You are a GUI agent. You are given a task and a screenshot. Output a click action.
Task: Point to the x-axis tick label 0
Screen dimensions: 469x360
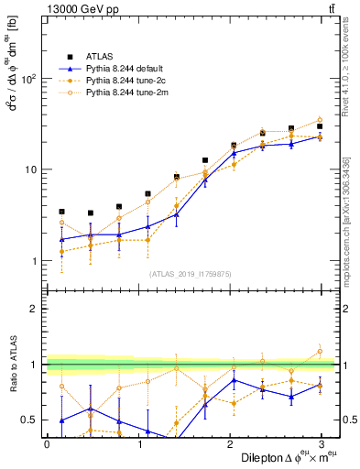click(x=47, y=442)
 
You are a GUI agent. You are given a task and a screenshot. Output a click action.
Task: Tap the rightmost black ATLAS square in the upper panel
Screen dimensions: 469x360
click(x=320, y=126)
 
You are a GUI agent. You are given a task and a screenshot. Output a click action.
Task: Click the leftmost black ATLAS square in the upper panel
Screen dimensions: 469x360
click(x=61, y=212)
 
